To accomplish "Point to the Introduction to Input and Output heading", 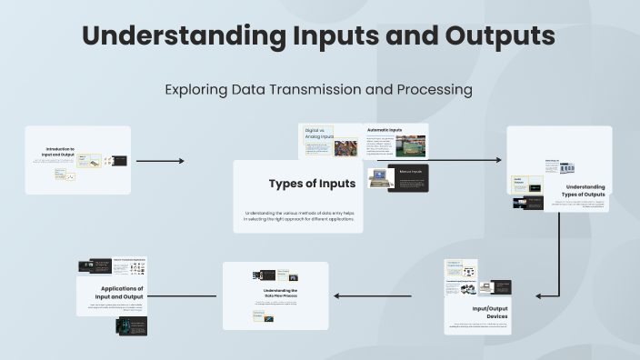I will (62, 152).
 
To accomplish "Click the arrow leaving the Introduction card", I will (160, 161).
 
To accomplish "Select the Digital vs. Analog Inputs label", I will (318, 133).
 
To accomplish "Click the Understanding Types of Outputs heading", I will (579, 191).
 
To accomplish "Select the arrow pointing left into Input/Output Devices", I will (548, 295).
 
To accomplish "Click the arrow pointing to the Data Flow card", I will (373, 295).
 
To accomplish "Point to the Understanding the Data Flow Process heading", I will (275, 293).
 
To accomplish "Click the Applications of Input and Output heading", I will (122, 293).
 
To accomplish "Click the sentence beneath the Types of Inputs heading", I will (298, 216).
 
